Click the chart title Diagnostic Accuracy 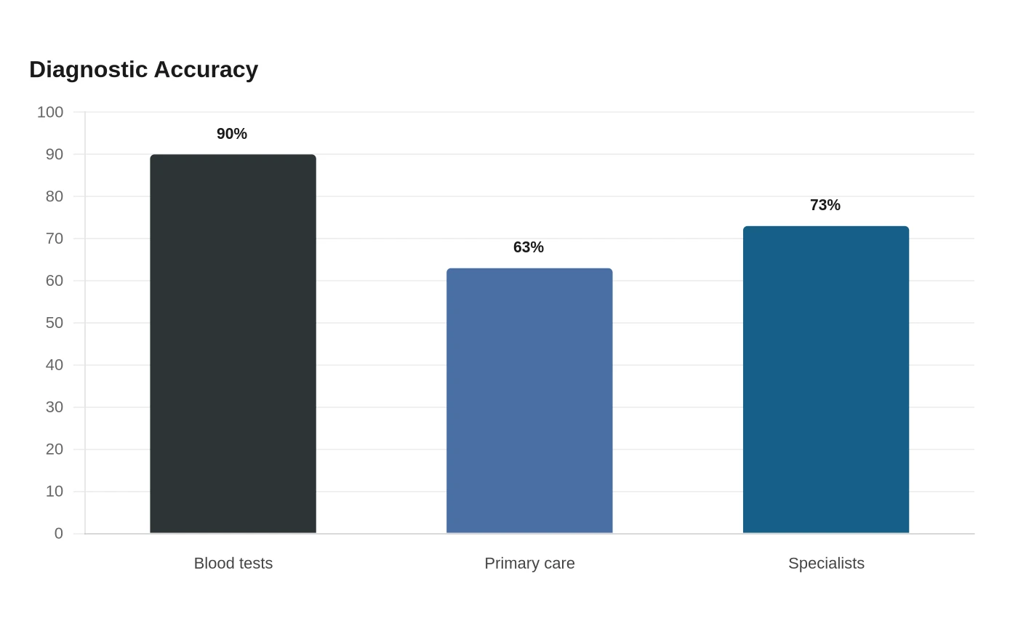click(x=144, y=70)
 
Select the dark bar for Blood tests click(x=233, y=343)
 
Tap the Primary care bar click(x=529, y=401)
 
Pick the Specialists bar click(x=826, y=380)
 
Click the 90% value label click(x=232, y=134)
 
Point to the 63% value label click(x=529, y=247)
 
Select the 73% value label click(x=825, y=205)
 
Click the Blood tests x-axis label click(x=233, y=563)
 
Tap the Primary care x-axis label click(x=529, y=564)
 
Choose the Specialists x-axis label click(x=826, y=564)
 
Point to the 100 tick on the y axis click(x=50, y=112)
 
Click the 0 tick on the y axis click(x=59, y=534)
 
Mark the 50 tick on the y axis click(x=54, y=323)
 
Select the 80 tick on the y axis click(x=54, y=196)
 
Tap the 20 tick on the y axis click(x=54, y=449)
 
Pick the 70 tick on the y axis click(x=54, y=239)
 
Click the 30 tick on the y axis click(x=54, y=407)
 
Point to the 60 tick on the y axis click(x=54, y=281)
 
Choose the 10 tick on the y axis click(x=54, y=492)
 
